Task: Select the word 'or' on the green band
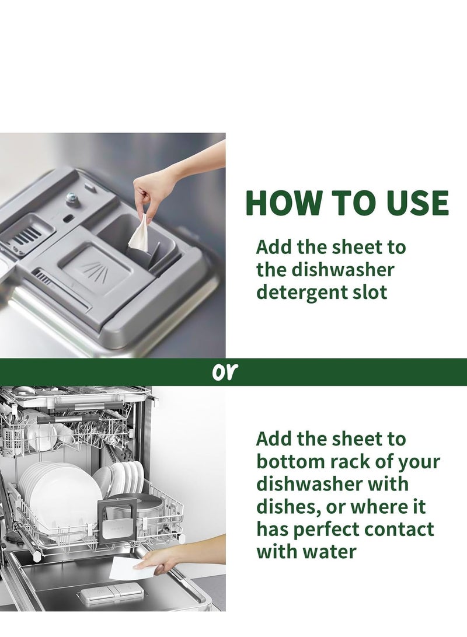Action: coord(224,372)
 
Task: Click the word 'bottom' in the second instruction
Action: coord(290,461)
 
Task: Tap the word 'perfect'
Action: coord(326,530)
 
